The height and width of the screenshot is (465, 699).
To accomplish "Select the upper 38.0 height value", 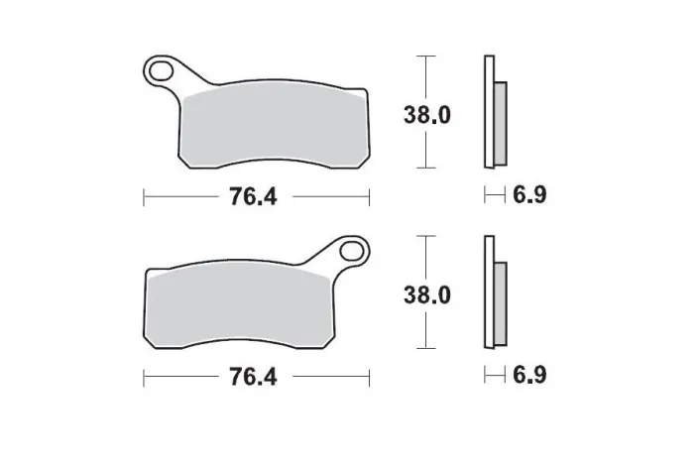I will point(426,115).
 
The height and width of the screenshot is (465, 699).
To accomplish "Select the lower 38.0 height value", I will point(426,294).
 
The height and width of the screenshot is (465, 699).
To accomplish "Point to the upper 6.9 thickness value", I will point(528,195).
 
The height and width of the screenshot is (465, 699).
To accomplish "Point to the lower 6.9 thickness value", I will point(528,376).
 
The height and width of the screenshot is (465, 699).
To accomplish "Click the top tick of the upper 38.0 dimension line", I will point(425,58).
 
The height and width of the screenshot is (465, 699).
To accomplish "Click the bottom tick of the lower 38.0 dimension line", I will point(425,351).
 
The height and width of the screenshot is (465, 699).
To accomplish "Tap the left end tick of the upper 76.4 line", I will point(145,196).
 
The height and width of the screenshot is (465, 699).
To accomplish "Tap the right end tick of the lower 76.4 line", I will point(369,377).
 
